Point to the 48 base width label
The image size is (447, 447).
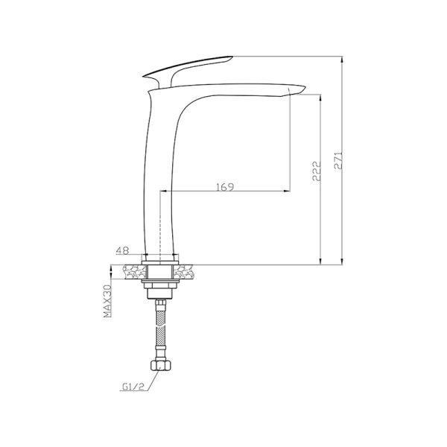[124, 251]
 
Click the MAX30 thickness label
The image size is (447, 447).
[107, 301]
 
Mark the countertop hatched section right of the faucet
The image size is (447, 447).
[187, 270]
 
